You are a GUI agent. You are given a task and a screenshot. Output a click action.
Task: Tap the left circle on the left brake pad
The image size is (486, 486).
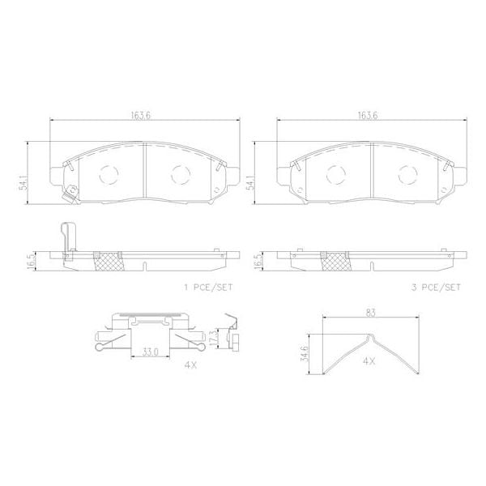pos(107,173)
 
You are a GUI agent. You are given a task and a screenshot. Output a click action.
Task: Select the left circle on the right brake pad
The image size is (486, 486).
pos(334,173)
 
